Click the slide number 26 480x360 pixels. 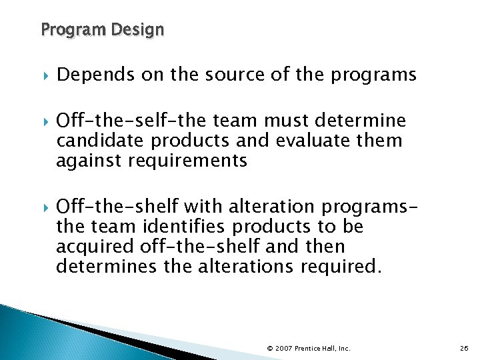464,348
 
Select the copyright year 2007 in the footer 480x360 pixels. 283,348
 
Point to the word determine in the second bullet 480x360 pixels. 365,121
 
